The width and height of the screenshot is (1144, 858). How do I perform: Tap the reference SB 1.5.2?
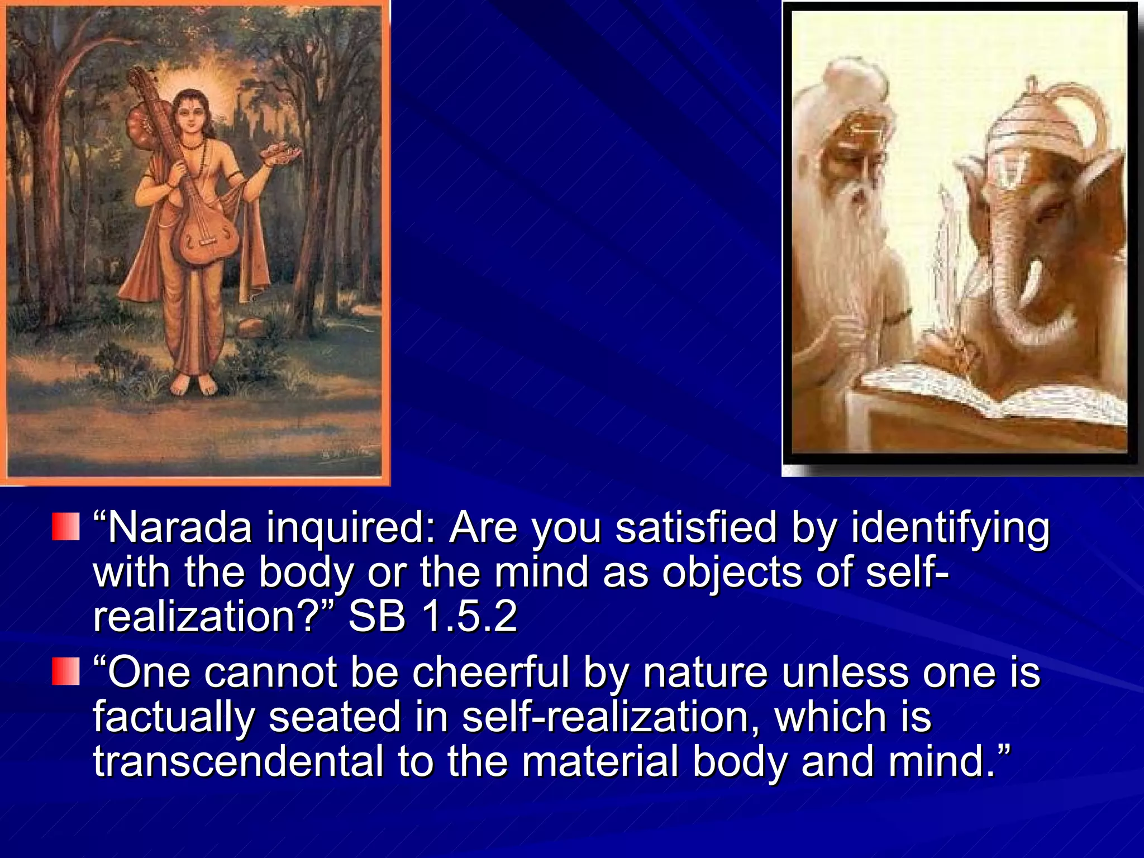point(433,617)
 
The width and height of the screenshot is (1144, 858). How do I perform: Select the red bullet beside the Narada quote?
point(66,527)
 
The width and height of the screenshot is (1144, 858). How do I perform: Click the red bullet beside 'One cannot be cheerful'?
point(66,671)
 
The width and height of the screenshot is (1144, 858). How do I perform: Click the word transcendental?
point(238,761)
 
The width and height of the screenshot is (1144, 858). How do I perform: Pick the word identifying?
point(950,528)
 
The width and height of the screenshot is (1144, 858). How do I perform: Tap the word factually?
point(174,717)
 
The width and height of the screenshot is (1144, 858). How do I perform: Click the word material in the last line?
point(600,761)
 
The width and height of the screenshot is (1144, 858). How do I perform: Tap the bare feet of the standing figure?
point(193,384)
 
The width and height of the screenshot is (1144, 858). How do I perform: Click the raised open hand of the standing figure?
point(282,153)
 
